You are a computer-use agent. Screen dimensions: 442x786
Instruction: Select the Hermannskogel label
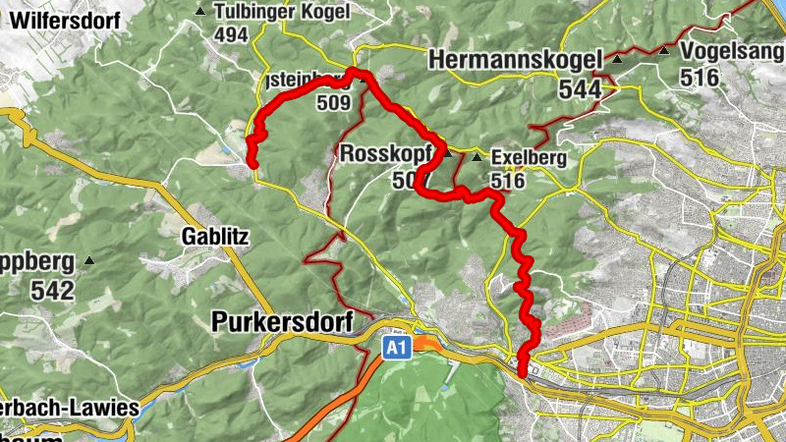point(515,61)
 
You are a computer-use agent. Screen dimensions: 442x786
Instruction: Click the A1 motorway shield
point(395,349)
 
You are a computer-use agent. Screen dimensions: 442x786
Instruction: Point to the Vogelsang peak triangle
point(665,50)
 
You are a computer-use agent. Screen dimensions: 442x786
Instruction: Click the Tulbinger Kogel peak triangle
point(200,12)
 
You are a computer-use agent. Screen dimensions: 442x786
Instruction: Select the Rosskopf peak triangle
point(448,154)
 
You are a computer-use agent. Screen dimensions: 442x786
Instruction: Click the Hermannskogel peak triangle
point(617,61)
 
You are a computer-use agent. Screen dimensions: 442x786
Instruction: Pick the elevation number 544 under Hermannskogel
point(580,89)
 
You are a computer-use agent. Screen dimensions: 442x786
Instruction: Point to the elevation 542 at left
point(52,291)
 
